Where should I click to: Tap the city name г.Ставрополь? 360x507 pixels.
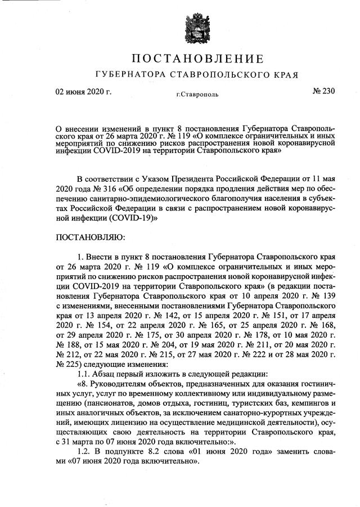click(193, 95)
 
